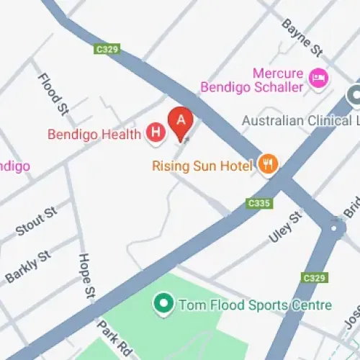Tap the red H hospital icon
pos(154,132)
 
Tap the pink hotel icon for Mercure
pos(316,76)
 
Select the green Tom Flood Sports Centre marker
pos(163,304)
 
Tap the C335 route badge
pos(258,204)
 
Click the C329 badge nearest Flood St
pos(107,50)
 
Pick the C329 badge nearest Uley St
pos(314,277)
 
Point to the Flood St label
pos(53,94)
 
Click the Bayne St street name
pos(302,39)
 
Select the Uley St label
pos(285,228)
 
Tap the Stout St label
pos(36,222)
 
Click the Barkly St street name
pos(29,266)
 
